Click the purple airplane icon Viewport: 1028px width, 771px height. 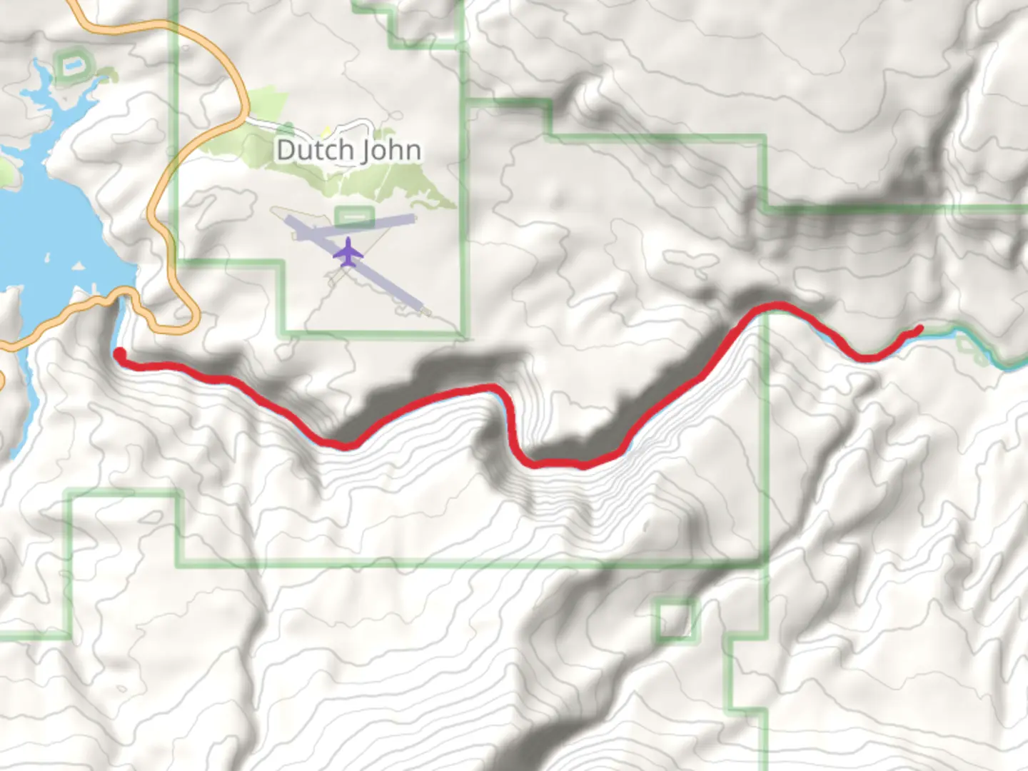tap(348, 252)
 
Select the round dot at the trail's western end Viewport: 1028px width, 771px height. tap(120, 353)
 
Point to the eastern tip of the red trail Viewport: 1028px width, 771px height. tap(919, 329)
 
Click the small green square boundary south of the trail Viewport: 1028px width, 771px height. tap(675, 619)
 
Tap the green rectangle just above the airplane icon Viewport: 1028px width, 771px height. tap(354, 215)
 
